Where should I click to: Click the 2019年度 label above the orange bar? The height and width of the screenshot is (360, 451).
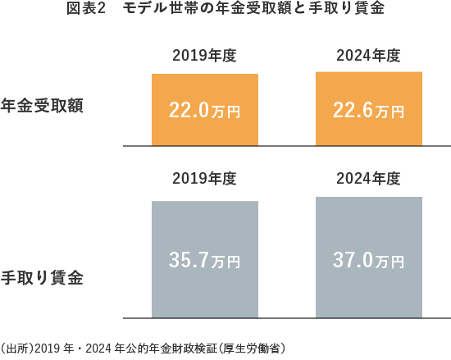204,57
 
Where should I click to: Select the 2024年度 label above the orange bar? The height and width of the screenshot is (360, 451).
368,57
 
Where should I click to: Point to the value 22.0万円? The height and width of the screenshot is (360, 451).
204,111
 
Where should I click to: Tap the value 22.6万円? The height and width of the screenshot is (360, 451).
368,111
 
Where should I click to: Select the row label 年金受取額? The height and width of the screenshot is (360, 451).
43,107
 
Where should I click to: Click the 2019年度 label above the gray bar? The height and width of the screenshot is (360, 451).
204,179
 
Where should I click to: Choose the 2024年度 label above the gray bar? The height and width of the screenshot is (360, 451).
368,179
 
